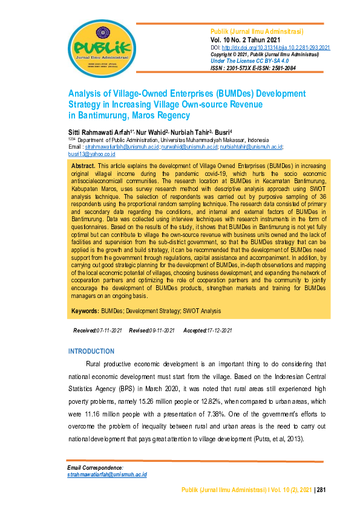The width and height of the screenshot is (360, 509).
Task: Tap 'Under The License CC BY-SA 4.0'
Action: [x=250, y=61]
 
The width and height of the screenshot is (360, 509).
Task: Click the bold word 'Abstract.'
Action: [x=83, y=165]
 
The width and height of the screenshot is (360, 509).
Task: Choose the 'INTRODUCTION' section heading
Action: [x=91, y=351]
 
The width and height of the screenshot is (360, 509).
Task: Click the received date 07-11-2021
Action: [x=109, y=331]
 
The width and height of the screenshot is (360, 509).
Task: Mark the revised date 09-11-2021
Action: [x=162, y=331]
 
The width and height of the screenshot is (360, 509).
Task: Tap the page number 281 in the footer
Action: [x=321, y=489]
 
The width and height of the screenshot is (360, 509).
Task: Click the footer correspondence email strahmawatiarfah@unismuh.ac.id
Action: [x=107, y=475]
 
